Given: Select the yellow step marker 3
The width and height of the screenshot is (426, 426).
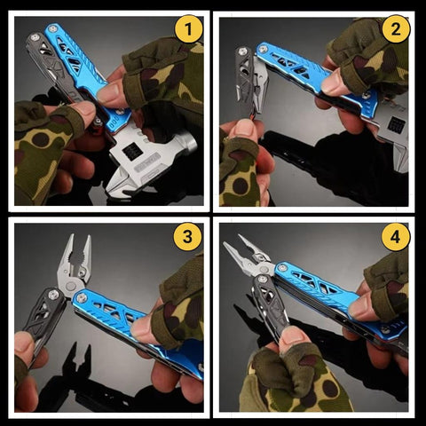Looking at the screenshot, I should point(185,239).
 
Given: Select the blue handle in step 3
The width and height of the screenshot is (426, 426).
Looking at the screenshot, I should point(124,315).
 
